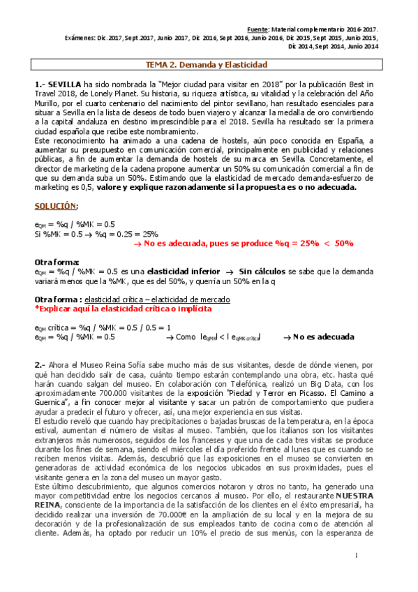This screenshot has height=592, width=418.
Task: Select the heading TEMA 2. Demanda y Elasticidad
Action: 206,64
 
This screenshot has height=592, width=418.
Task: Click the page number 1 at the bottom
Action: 355,556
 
